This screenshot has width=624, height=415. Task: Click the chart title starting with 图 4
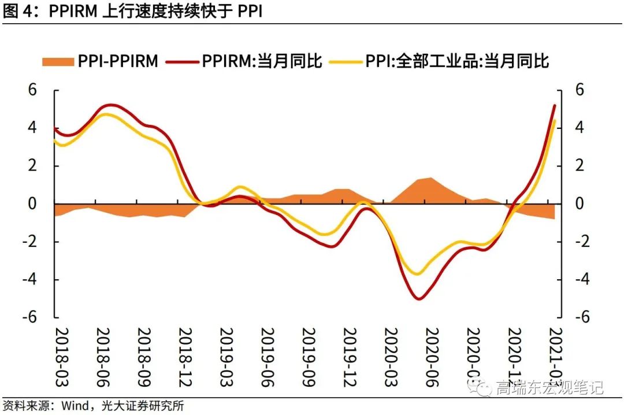[133, 12]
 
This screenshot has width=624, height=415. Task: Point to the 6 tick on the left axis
[32, 90]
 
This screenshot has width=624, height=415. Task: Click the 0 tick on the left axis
[32, 203]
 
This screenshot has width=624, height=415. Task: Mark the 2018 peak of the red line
[111, 105]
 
